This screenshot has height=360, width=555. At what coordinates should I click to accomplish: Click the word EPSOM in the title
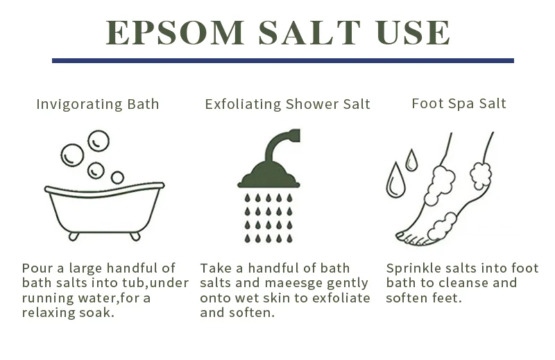pyautogui.click(x=176, y=33)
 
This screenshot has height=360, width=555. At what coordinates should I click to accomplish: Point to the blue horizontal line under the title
pyautogui.click(x=282, y=61)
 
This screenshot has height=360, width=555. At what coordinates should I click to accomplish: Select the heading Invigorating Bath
pyautogui.click(x=98, y=105)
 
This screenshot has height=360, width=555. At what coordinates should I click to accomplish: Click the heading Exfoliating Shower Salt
pyautogui.click(x=287, y=105)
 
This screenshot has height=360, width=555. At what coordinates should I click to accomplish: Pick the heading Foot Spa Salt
pyautogui.click(x=459, y=104)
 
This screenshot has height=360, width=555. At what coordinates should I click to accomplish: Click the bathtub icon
pyautogui.click(x=104, y=208)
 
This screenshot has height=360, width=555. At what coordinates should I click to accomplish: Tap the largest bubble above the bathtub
pyautogui.click(x=72, y=155)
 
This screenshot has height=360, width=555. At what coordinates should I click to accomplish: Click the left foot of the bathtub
pyautogui.click(x=74, y=236)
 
